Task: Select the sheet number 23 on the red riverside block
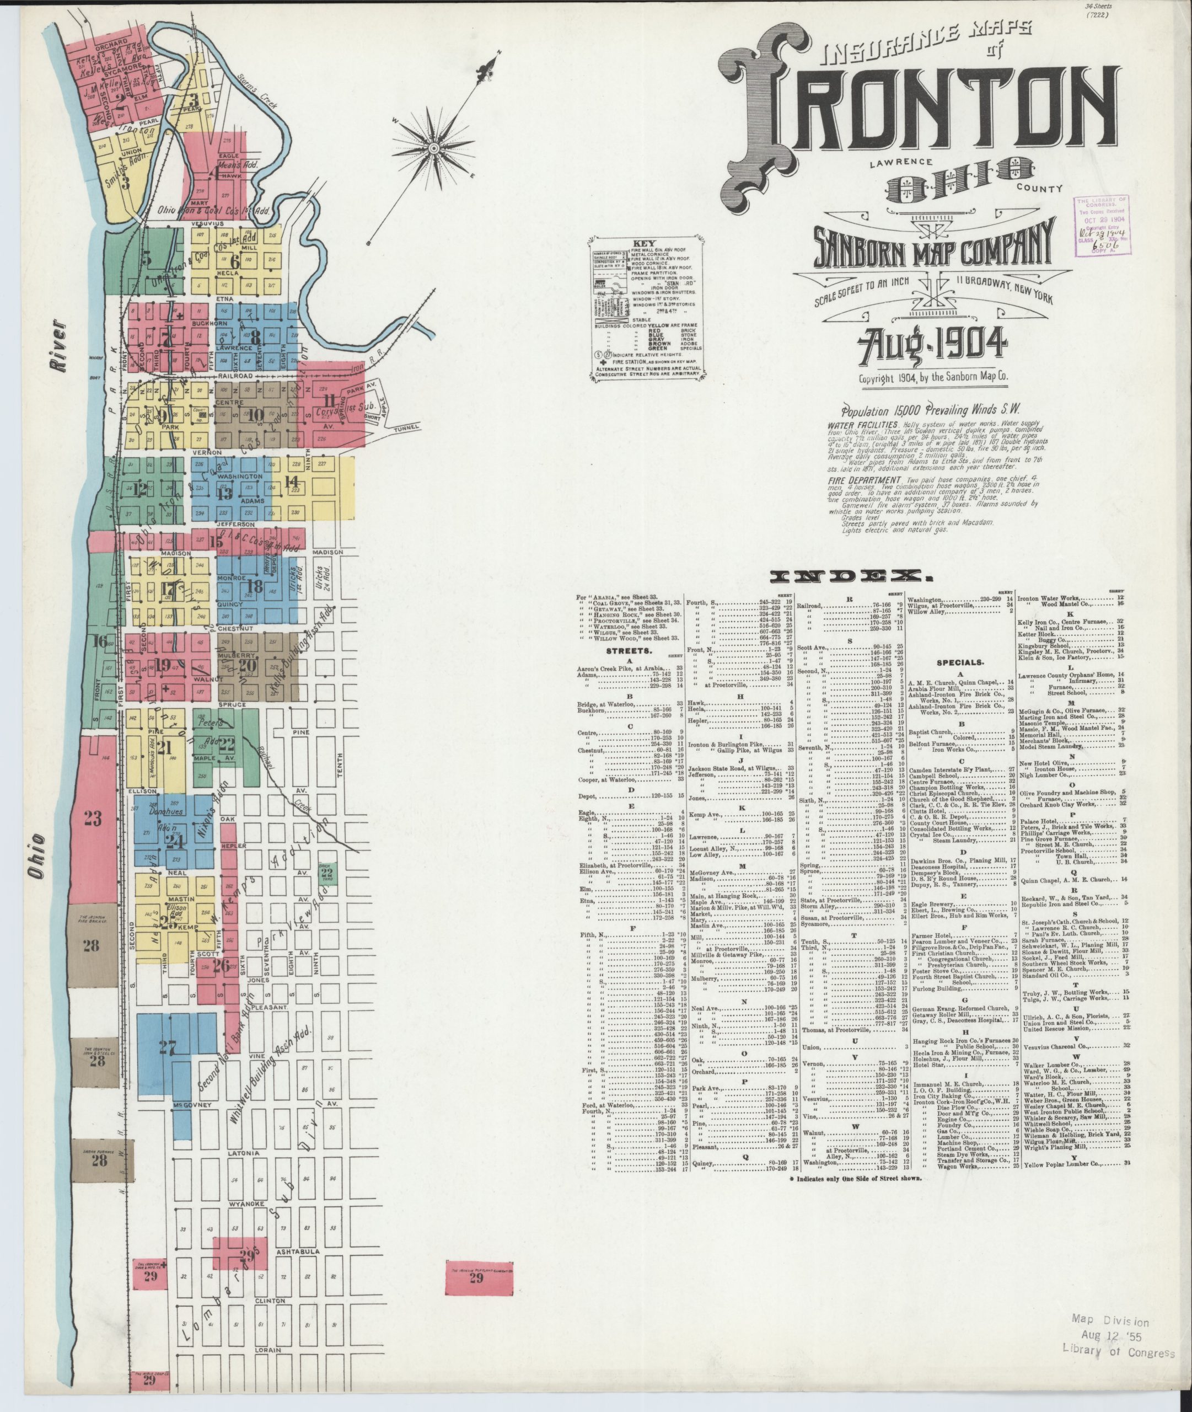[93, 819]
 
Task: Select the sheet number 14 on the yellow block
[291, 482]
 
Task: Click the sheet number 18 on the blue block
[255, 586]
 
